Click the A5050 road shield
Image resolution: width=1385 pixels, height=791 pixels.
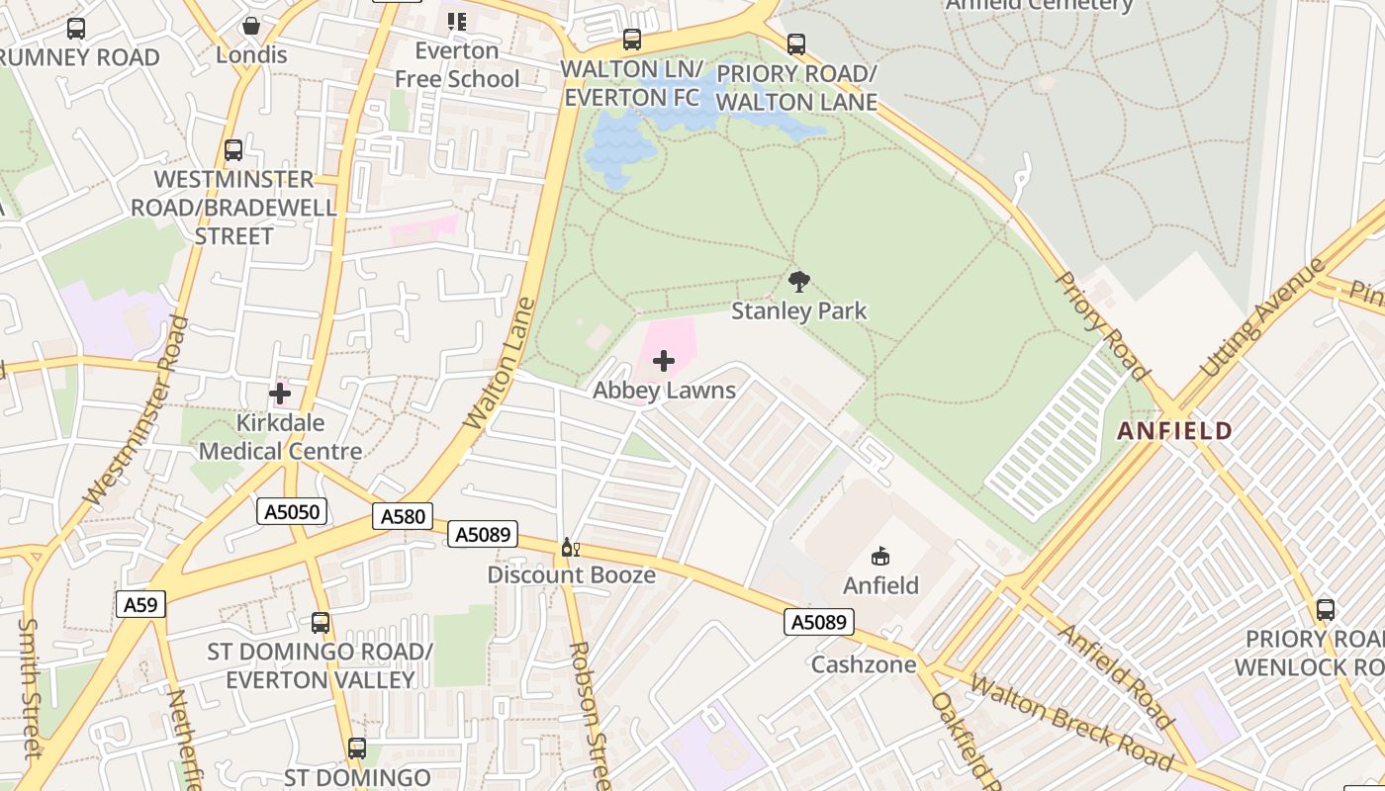coord(292,511)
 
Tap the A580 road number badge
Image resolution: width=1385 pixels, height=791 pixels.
coord(403,516)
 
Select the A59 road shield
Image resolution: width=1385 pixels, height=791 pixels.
coord(140,604)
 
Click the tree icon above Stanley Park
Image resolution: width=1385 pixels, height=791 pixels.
coord(799,282)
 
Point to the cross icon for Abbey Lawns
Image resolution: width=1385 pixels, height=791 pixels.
coord(664,361)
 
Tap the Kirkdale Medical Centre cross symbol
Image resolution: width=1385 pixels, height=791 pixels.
coord(280,394)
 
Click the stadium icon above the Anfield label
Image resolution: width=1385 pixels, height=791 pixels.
coord(880,556)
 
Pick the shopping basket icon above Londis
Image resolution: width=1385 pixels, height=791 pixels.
coord(251,26)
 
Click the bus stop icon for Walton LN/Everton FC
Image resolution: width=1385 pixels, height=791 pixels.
coord(631,40)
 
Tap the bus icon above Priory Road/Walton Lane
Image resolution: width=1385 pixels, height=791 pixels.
coord(796,44)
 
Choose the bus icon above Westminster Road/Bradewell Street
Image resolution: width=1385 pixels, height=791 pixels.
coord(233,150)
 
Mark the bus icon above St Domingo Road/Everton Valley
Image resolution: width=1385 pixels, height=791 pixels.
coord(320,623)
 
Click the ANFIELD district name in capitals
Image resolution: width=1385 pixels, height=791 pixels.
coord(1175,431)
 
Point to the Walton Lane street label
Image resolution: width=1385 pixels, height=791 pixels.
coord(500,364)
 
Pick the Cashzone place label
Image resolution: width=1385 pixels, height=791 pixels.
coord(864,664)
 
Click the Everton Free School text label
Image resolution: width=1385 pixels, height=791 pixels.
coord(457,64)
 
